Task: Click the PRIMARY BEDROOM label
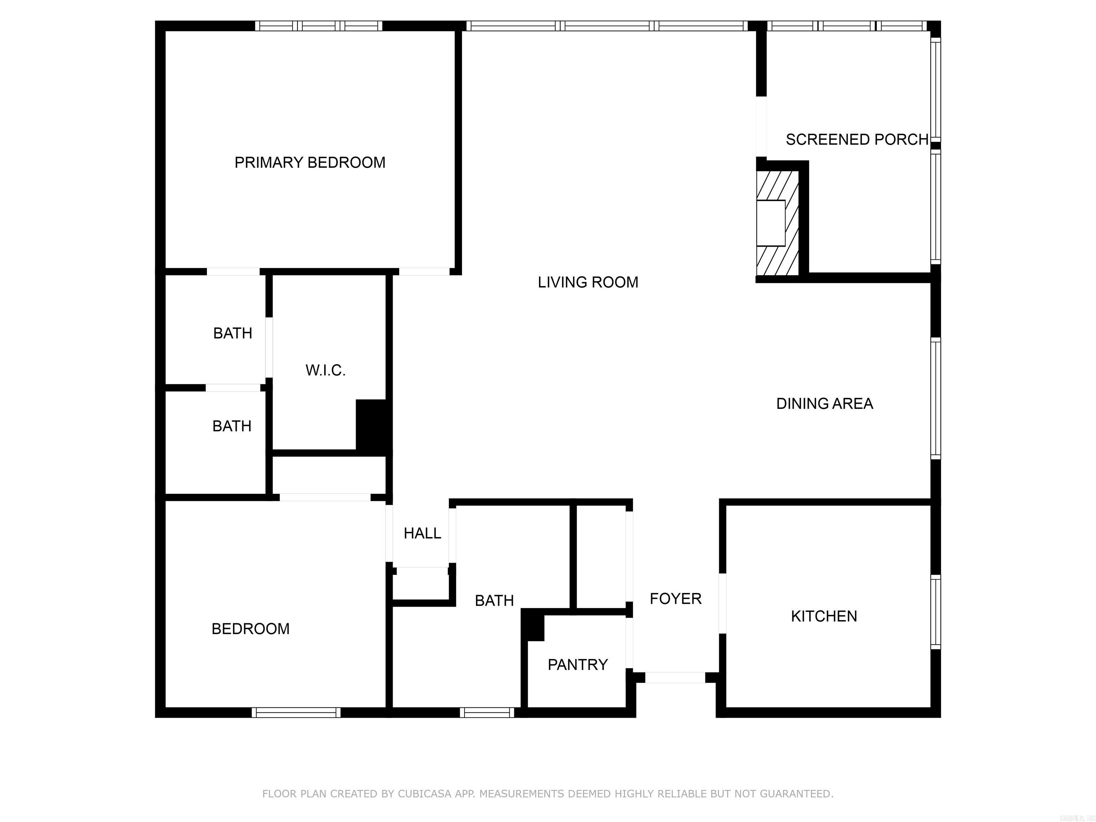tap(310, 163)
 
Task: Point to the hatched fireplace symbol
tap(777, 223)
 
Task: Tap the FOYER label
tap(675, 599)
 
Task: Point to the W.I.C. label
tap(325, 370)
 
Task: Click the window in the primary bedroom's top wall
tap(319, 26)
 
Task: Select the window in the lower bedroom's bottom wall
tap(296, 712)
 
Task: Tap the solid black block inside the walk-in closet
tap(372, 426)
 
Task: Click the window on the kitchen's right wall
tap(935, 612)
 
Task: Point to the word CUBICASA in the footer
tap(424, 794)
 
